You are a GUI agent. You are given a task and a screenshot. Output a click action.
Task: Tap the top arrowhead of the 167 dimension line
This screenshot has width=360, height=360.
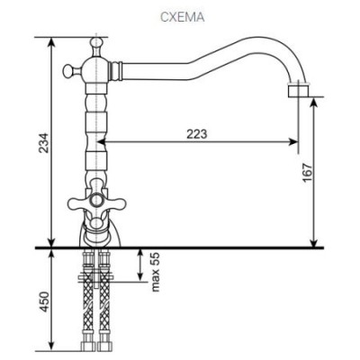(x=312, y=103)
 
